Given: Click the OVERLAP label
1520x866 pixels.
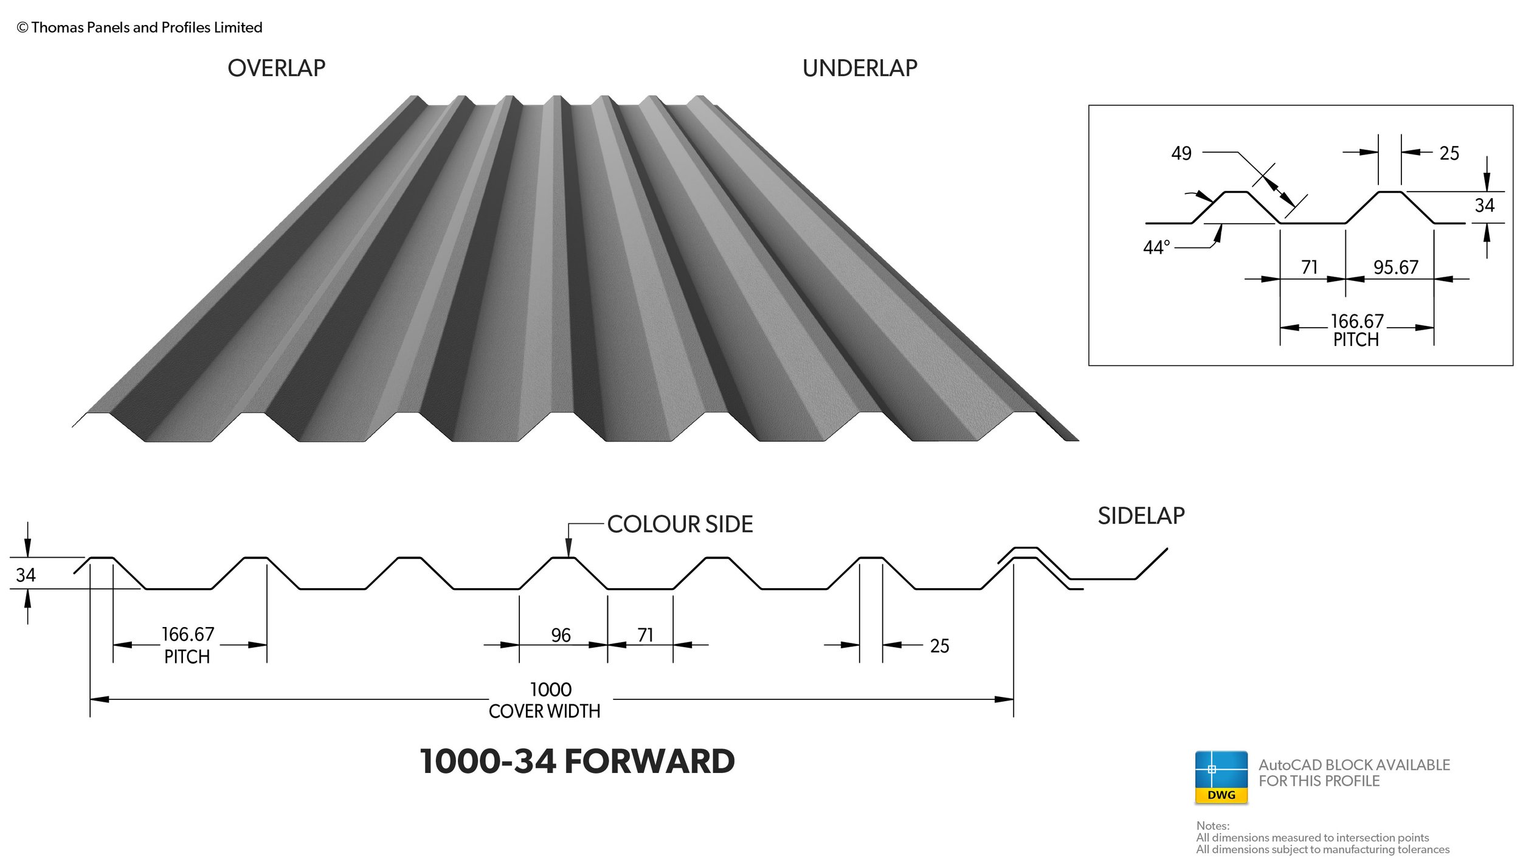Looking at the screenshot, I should [276, 68].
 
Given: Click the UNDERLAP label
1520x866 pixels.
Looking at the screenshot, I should [860, 68].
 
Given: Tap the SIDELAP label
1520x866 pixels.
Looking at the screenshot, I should [1141, 516].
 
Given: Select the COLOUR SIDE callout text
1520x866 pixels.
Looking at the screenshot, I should [680, 524].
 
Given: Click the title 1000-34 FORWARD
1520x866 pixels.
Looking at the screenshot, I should [577, 761].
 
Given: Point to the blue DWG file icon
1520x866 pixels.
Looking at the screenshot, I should [1221, 777].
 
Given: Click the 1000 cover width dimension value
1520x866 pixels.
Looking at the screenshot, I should [550, 690].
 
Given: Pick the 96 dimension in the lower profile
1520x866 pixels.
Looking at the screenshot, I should [561, 636].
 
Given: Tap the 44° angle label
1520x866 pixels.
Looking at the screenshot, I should [1156, 248].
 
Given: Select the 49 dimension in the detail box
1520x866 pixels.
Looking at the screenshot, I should [1181, 153].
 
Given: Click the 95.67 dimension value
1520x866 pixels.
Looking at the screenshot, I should [1395, 268].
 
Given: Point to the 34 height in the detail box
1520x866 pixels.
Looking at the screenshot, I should [1484, 206].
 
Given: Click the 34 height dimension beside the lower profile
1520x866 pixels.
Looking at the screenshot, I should [26, 575].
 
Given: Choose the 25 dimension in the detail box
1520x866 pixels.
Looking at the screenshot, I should [1449, 153].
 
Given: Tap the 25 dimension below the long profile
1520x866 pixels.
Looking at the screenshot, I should [939, 646].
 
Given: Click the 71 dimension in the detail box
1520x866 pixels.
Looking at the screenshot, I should [1310, 268].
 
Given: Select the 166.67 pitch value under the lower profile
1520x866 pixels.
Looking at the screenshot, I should [188, 635].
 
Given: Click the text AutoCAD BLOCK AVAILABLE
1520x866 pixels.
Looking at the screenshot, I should [1354, 765].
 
